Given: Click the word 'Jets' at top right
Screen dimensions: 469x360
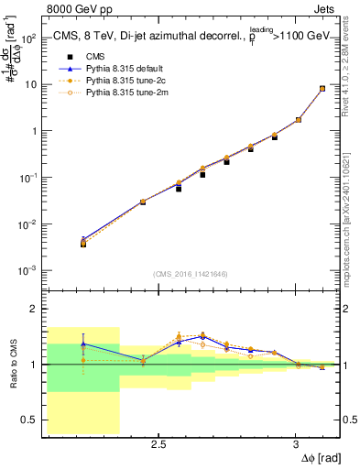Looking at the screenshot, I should [324, 9].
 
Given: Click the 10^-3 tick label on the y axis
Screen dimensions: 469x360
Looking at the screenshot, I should [27, 270].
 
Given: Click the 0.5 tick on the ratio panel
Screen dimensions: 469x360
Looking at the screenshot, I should [28, 420].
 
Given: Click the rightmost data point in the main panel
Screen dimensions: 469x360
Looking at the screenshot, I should [322, 89].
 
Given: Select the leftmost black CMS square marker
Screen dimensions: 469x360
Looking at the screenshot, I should [83, 244].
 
